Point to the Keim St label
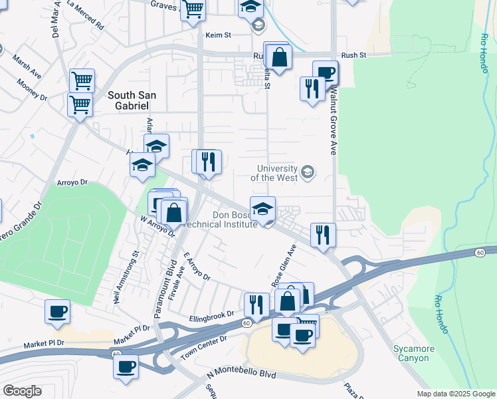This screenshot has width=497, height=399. point(217,34)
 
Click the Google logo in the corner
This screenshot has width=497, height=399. point(22,390)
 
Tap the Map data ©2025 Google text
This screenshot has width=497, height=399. point(456,394)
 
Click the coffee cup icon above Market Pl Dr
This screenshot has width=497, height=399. point(57,311)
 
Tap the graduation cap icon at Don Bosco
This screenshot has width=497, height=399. point(262,209)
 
